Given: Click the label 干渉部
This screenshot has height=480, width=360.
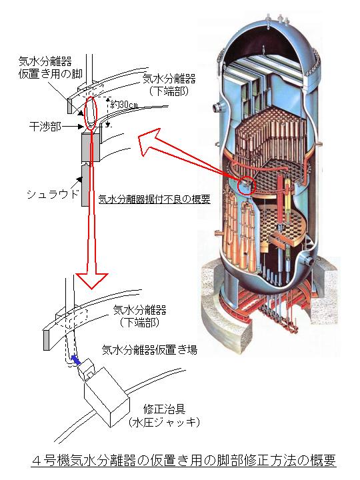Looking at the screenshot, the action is (x=45, y=126).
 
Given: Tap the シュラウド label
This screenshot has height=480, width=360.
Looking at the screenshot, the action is (x=53, y=194).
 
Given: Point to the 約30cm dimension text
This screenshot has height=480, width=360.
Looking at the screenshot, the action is (x=124, y=105).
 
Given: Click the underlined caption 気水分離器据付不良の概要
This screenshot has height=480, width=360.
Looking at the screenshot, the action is (x=154, y=199).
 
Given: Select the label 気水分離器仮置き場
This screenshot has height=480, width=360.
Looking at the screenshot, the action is (x=150, y=349).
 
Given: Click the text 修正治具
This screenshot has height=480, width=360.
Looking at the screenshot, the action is (x=165, y=409).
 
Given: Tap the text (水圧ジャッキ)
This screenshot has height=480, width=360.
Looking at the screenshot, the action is (x=165, y=423).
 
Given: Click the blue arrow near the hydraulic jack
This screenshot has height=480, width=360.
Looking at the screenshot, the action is (x=75, y=360).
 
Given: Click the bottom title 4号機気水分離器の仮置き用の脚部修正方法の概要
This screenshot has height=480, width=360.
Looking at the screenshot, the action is (x=184, y=460).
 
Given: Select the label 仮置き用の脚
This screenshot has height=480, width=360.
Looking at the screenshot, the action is (x=51, y=74).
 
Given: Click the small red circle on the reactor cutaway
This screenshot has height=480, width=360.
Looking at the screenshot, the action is (x=246, y=185).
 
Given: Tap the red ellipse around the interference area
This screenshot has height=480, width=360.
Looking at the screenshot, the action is (x=91, y=113).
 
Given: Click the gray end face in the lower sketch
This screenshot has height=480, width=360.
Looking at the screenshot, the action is (x=47, y=340).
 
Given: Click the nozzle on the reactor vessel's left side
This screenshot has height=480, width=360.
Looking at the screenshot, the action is (x=217, y=107).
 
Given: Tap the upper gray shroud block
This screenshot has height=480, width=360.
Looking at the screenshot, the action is (x=91, y=147).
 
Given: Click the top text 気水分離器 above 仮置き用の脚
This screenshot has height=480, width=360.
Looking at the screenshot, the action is (x=45, y=61).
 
